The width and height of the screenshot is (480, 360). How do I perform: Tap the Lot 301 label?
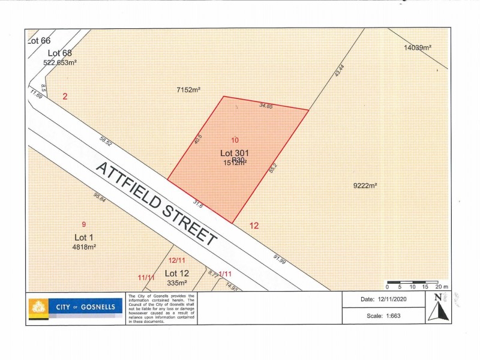tap(235, 153)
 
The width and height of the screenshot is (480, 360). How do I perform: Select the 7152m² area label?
tap(188, 89)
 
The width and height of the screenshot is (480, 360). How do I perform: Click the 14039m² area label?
tap(419, 47)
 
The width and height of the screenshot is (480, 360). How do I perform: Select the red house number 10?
tap(235, 140)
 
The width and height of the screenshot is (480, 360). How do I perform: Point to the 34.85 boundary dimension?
tap(266, 106)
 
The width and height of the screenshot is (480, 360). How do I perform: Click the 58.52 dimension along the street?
tap(106, 142)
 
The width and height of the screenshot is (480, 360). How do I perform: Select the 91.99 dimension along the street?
tap(279, 259)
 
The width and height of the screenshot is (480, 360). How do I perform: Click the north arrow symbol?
tap(437, 307)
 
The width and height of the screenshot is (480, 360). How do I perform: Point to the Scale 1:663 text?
tap(383, 316)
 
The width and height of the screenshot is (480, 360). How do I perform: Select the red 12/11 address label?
tap(176, 260)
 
